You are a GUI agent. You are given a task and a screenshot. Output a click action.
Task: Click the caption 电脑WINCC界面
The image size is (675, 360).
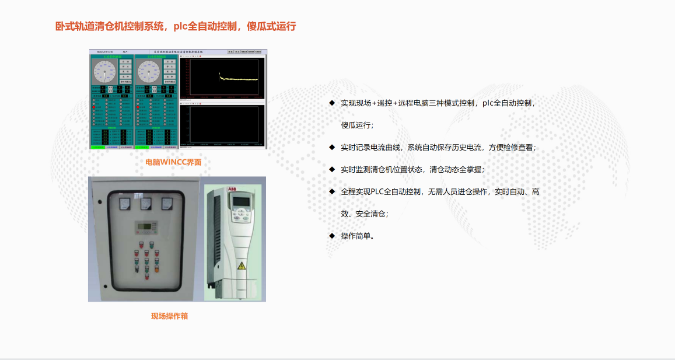pyautogui.click(x=173, y=162)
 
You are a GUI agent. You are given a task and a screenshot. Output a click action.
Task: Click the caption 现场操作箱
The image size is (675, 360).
pyautogui.click(x=169, y=316)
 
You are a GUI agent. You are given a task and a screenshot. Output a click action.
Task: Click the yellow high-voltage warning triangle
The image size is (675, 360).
pyautogui.click(x=242, y=265)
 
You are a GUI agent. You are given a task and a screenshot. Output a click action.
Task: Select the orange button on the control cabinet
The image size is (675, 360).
pyautogui.click(x=156, y=270)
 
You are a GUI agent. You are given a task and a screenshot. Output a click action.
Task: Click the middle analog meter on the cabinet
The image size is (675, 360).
pyautogui.click(x=146, y=204)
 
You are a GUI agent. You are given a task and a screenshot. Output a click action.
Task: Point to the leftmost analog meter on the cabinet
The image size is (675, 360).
pyautogui.click(x=125, y=204)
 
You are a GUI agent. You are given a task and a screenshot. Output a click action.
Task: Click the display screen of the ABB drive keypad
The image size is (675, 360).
pyautogui.click(x=242, y=201)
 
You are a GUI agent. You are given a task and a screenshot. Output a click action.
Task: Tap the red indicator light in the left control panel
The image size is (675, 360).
pyautogui.click(x=93, y=107)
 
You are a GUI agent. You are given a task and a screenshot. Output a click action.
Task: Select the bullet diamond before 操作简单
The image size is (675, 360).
pyautogui.click(x=332, y=236)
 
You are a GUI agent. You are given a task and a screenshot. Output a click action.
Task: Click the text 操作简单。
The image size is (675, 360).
pyautogui.click(x=358, y=236)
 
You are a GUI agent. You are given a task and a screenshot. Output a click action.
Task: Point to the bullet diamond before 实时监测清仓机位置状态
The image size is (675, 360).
pyautogui.click(x=332, y=169)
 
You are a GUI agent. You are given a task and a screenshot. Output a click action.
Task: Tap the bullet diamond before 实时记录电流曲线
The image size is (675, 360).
pyautogui.click(x=332, y=147)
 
